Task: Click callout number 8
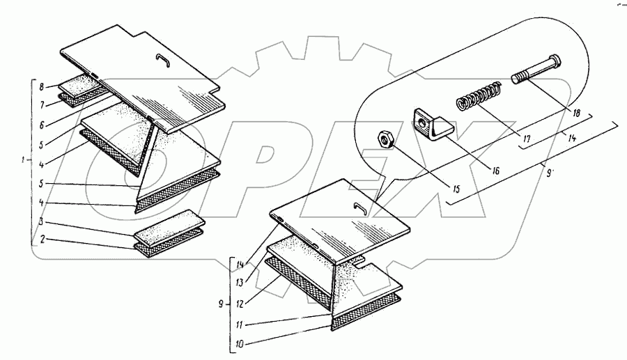coord(42,87)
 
